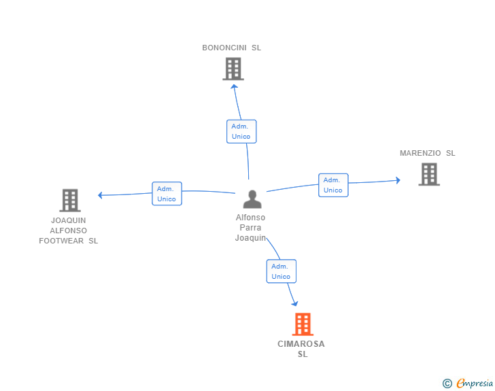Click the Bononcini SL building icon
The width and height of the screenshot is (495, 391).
tap(233, 69)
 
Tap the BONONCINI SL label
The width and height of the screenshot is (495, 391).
tap(232, 48)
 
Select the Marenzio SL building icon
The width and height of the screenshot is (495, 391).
tap(428, 174)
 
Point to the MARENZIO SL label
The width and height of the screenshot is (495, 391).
tap(428, 153)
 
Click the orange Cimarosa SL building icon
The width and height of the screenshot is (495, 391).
tap(303, 324)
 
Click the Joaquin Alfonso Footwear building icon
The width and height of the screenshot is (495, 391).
tap(70, 200)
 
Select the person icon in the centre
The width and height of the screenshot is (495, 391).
tap(252, 199)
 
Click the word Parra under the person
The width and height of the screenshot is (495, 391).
tap(251, 228)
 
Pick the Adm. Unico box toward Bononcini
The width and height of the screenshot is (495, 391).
tap(241, 131)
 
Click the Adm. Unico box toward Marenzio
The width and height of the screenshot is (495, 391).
tap(333, 185)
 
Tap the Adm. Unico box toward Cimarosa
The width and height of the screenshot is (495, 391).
tap(281, 271)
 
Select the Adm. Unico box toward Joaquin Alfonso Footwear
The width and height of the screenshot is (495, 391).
tap(167, 194)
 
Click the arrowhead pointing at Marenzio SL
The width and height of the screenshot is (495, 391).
tap(398, 180)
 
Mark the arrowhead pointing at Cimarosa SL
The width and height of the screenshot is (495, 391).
tap(295, 304)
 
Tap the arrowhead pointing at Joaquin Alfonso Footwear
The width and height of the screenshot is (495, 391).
tap(100, 195)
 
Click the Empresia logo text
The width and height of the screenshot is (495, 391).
tap(475, 384)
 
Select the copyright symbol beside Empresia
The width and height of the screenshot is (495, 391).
tap(447, 384)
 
